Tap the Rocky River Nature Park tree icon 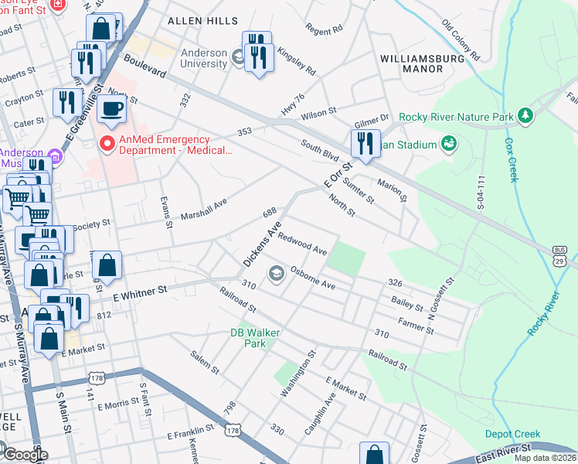coord(526,116)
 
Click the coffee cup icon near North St coord(113,109)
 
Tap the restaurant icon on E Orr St coord(364,143)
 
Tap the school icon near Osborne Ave coord(276,273)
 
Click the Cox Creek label coord(511,159)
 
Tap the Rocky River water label coord(542,313)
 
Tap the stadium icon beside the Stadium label coord(448,143)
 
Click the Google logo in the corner coord(25,455)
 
